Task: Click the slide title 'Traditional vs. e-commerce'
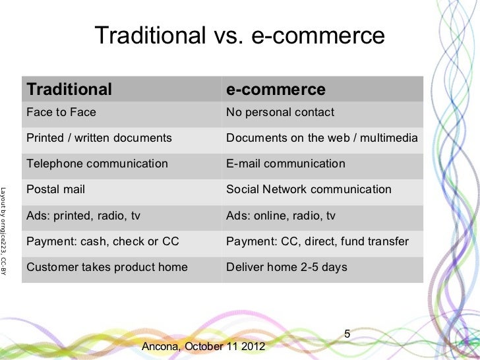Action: coord(239,36)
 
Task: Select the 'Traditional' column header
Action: coord(69,89)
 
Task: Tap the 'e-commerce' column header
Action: coord(276,89)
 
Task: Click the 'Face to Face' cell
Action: coord(61,112)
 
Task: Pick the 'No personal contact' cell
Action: coord(280,112)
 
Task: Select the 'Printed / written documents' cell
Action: coord(99,138)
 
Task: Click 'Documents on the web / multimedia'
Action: coord(321,138)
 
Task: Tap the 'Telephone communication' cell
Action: coord(97,164)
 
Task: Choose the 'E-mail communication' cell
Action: coord(285,164)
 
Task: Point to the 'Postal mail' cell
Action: coord(55,189)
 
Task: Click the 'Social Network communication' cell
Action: coord(309,189)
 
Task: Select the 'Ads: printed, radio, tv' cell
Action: coord(83,216)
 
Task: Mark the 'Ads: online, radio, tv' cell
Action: coord(281,216)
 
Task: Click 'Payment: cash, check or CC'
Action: coord(102,241)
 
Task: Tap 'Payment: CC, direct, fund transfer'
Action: coord(317,241)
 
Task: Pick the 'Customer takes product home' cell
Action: coord(107,268)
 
